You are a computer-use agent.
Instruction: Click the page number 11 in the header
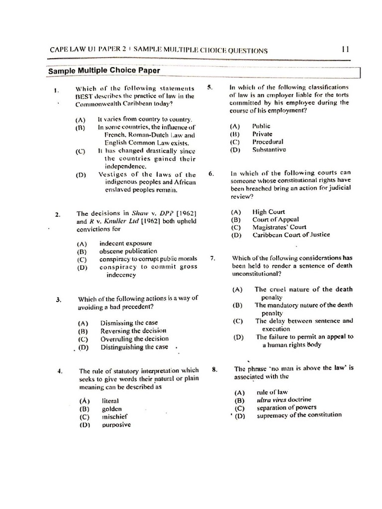(x=346, y=49)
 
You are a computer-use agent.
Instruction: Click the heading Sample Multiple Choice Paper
(x=104, y=71)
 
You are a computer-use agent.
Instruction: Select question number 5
(x=210, y=87)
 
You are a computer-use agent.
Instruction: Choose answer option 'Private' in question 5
(x=262, y=134)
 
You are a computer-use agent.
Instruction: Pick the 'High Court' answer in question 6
(x=269, y=212)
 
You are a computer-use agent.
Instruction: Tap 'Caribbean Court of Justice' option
(x=290, y=235)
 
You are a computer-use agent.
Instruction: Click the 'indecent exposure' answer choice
(x=125, y=244)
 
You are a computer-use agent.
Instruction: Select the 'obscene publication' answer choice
(x=128, y=252)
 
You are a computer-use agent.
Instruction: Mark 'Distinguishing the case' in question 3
(x=134, y=347)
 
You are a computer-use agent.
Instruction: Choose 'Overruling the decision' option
(x=134, y=339)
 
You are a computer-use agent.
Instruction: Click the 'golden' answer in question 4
(x=112, y=409)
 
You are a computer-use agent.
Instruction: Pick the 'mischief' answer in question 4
(x=114, y=417)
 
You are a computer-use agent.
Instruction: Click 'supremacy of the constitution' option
(x=299, y=415)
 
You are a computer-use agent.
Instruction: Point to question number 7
(x=212, y=258)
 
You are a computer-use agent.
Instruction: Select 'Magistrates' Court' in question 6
(x=279, y=227)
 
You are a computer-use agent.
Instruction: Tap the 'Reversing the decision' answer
(x=133, y=331)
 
